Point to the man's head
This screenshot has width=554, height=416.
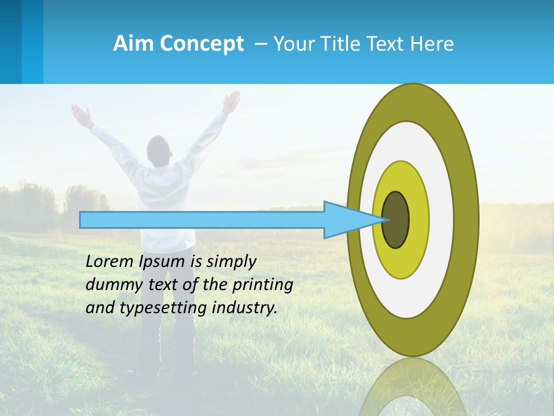click(x=158, y=148)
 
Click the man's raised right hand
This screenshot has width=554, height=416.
click(x=231, y=102)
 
